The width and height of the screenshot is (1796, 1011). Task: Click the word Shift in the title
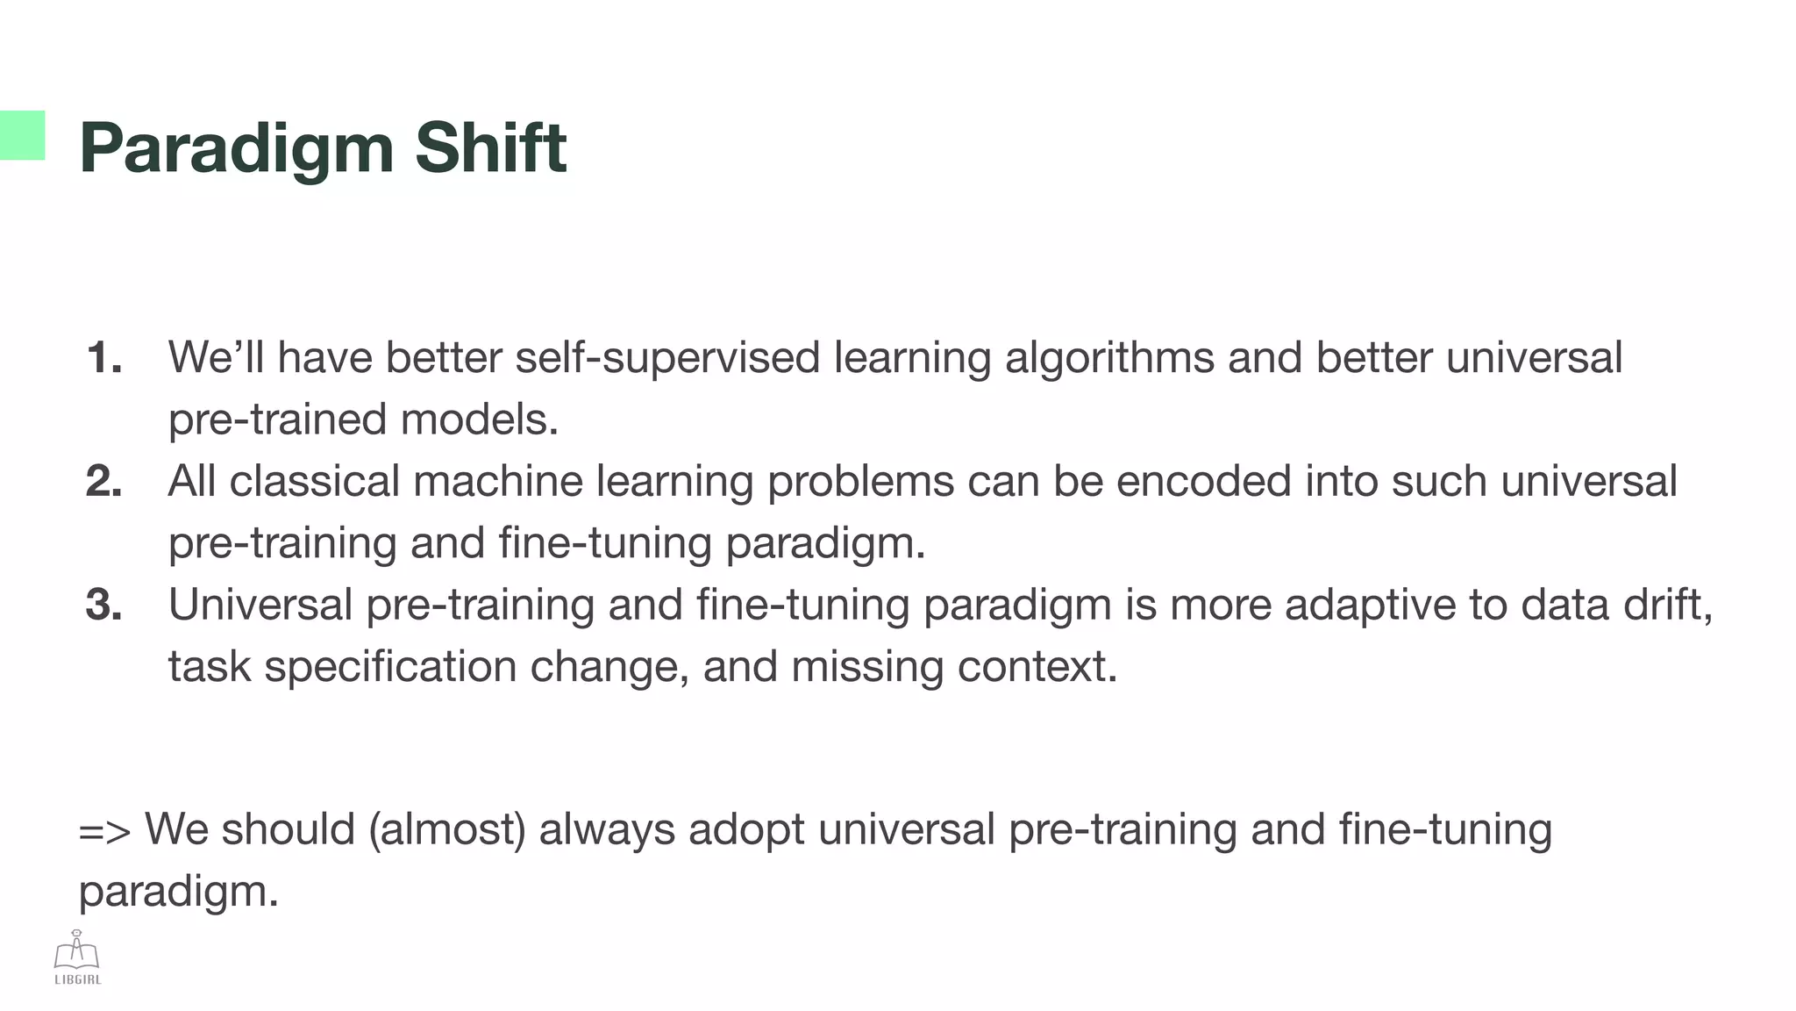pyautogui.click(x=490, y=147)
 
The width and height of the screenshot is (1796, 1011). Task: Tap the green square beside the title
pyautogui.click(x=22, y=135)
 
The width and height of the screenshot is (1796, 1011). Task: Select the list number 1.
pyautogui.click(x=103, y=358)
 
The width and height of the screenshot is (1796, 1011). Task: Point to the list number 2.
pyautogui.click(x=103, y=482)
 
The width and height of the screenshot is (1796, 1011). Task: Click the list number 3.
pyautogui.click(x=103, y=606)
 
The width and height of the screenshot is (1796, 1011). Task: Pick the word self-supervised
pyautogui.click(x=667, y=358)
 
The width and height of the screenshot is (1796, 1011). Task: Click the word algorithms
pyautogui.click(x=1108, y=358)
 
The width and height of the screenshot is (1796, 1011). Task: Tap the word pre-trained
pyautogui.click(x=277, y=419)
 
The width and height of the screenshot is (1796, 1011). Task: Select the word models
pyautogui.click(x=480, y=419)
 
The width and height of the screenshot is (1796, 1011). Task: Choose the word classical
pyautogui.click(x=314, y=482)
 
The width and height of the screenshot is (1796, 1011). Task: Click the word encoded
pyautogui.click(x=1203, y=482)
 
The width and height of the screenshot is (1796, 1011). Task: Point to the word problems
pyautogui.click(x=860, y=482)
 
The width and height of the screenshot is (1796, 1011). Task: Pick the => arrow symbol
pyautogui.click(x=104, y=830)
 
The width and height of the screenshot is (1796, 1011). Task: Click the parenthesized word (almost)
pyautogui.click(x=446, y=830)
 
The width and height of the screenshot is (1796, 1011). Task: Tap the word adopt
pyautogui.click(x=746, y=830)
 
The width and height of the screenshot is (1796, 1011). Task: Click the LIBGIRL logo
pyautogui.click(x=77, y=957)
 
